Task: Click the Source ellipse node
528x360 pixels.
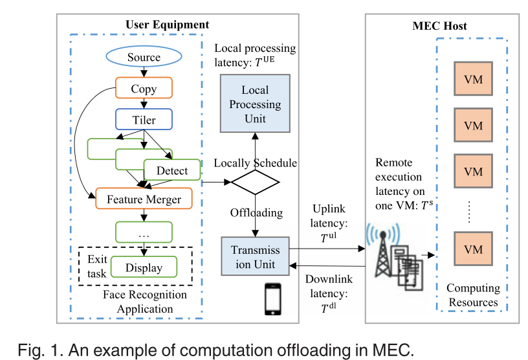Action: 143,57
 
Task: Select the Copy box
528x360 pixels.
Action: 144,89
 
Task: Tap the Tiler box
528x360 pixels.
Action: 144,120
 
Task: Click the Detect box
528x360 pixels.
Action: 172,170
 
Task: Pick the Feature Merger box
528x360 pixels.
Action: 144,199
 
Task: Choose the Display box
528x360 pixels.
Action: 144,267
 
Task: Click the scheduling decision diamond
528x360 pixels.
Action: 255,181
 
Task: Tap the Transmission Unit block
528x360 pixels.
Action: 256,256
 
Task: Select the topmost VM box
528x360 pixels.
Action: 474,80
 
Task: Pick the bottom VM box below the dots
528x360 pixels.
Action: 474,249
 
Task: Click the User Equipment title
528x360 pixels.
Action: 167,25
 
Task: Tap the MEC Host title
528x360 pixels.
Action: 439,26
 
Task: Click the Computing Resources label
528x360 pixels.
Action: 473,295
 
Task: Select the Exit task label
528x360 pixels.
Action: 97,266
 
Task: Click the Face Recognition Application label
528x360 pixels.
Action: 144,302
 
